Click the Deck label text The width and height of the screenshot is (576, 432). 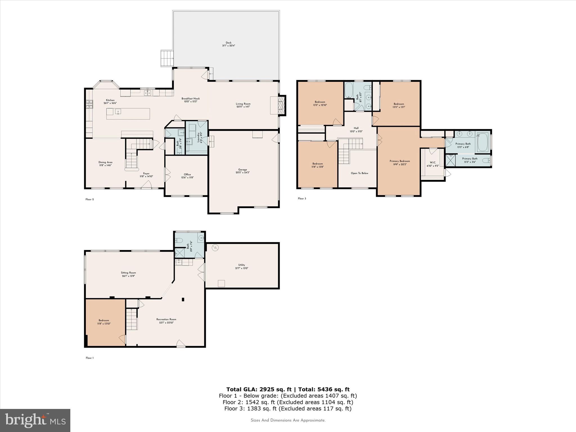coord(228,43)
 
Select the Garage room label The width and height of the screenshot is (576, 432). coord(242,170)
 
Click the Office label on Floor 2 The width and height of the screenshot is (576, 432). coord(187,174)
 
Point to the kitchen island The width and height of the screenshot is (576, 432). coord(128,114)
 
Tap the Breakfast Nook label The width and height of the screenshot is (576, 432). coord(190,98)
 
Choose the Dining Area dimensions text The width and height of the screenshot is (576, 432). coord(105,165)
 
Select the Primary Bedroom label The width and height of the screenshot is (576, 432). coord(400,161)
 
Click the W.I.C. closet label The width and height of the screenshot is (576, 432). coord(433,163)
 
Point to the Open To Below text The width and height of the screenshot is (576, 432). coord(359,173)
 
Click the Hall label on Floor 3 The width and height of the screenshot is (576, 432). coord(356,128)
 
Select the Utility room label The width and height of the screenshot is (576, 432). coord(242,265)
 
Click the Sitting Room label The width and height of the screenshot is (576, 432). coord(129,273)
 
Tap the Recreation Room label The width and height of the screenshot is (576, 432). coord(166,319)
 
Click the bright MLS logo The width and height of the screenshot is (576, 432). coord(35,420)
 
